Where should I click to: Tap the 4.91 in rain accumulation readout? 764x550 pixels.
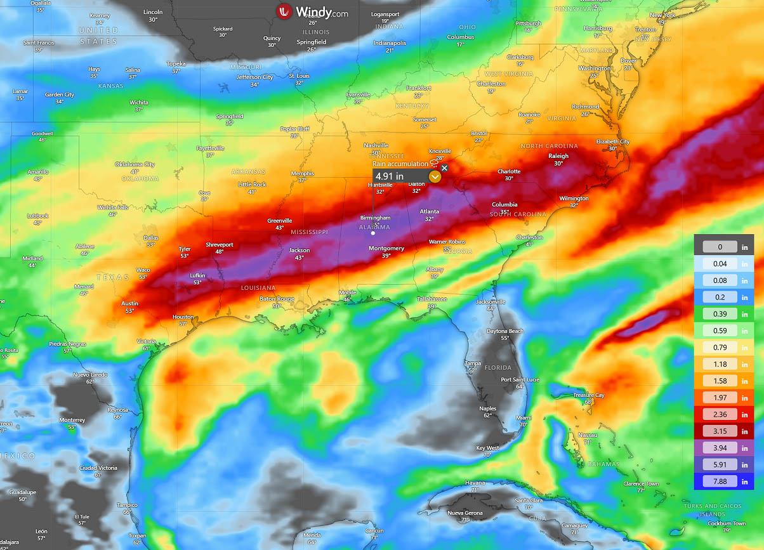[388, 176]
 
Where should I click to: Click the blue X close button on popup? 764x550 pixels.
[444, 168]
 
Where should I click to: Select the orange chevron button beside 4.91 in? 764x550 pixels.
[435, 177]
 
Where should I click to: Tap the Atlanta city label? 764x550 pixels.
[430, 211]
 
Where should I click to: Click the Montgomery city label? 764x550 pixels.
[386, 249]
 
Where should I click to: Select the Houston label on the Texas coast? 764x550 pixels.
[183, 317]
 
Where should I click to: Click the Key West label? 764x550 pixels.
[487, 448]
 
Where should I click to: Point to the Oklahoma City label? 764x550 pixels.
[135, 165]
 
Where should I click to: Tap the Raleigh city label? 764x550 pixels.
[558, 156]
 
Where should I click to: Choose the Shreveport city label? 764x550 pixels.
[220, 245]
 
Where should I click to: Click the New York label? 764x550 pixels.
[662, 15]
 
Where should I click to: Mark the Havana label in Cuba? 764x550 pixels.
[474, 483]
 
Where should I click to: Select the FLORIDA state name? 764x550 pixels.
[497, 367]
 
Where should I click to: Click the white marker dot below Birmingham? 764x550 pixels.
[373, 233]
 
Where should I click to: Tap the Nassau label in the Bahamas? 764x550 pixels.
[588, 435]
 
